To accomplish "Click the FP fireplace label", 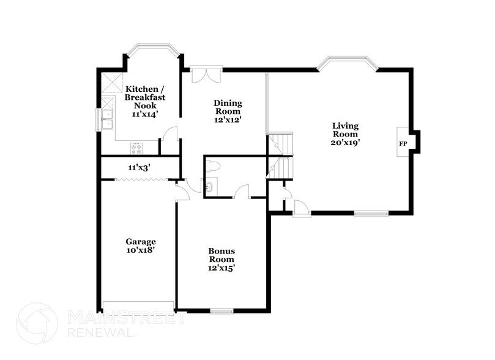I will point(403,143).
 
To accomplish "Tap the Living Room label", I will point(345,130).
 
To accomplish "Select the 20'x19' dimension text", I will point(345,142).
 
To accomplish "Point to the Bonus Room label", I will point(221,255).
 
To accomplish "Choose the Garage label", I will point(141,241).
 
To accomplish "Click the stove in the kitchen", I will point(136,148).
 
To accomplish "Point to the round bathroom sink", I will point(210,187).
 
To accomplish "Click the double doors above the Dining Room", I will point(202,74).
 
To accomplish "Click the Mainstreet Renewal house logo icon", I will point(37,324).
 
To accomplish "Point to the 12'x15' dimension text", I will point(221,267).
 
